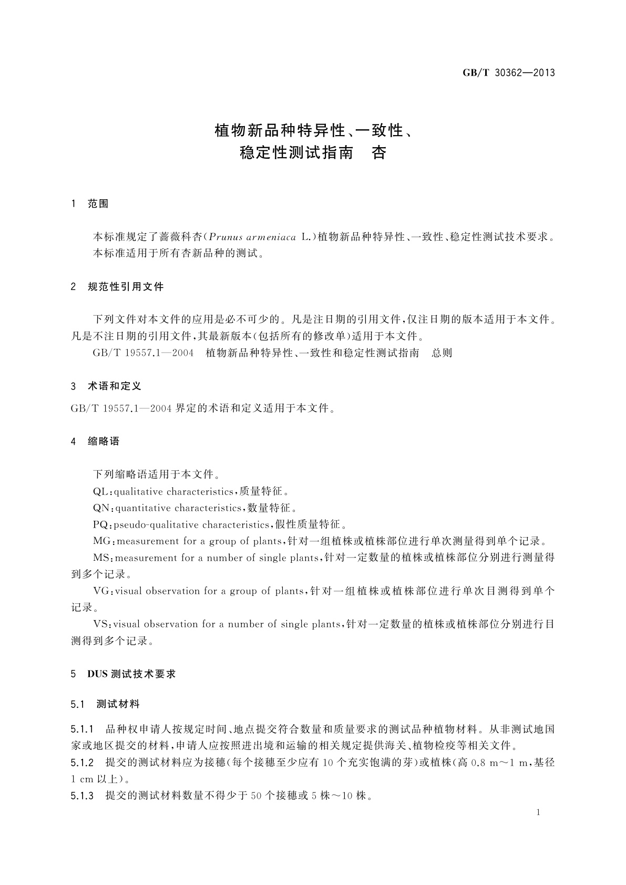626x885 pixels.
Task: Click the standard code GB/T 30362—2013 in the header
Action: click(x=508, y=73)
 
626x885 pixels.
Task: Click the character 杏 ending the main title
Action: click(x=379, y=153)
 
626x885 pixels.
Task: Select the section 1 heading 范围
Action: click(x=98, y=204)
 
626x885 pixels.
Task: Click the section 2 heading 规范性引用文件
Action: click(x=126, y=286)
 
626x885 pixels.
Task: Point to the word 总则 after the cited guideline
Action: click(x=442, y=353)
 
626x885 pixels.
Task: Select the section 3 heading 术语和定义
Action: click(x=114, y=386)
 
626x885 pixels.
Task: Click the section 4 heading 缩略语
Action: click(x=104, y=441)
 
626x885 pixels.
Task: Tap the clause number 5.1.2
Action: click(x=82, y=763)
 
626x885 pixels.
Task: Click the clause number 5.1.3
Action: click(x=82, y=796)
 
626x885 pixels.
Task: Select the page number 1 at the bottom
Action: click(x=538, y=812)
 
